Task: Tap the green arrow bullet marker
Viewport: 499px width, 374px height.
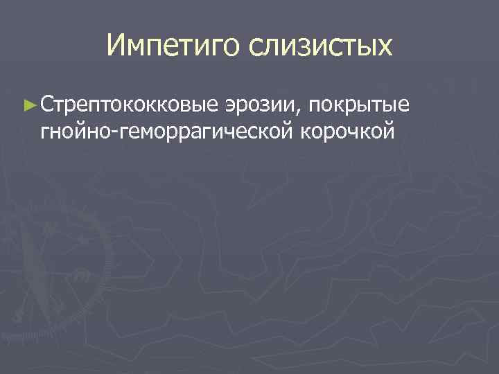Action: (x=28, y=105)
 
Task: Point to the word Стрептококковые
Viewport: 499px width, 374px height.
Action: (x=130, y=105)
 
